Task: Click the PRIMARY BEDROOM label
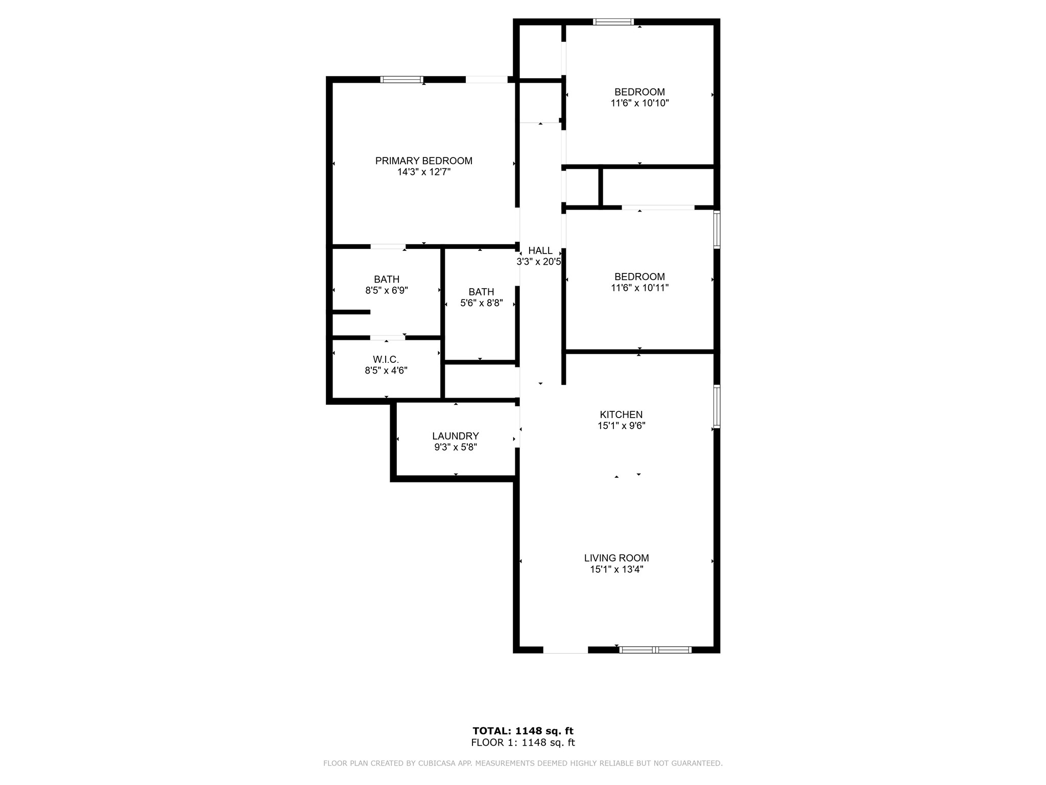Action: click(x=424, y=161)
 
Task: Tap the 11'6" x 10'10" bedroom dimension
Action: click(x=639, y=103)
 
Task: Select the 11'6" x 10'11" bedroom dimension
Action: click(x=639, y=288)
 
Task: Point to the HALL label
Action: click(x=540, y=250)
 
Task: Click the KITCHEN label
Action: click(x=621, y=414)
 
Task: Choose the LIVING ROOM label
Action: click(x=616, y=558)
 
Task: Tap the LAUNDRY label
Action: click(x=456, y=436)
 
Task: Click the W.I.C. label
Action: click(x=386, y=360)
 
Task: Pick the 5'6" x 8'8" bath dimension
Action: click(x=482, y=303)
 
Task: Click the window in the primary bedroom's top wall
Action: click(x=402, y=79)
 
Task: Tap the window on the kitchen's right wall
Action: click(x=717, y=406)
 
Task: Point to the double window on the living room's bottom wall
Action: click(x=655, y=650)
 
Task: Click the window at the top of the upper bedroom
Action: click(x=613, y=22)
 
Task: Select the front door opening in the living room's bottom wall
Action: click(x=565, y=650)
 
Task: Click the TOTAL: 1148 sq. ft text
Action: click(x=523, y=731)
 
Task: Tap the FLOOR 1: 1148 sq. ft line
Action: click(x=523, y=743)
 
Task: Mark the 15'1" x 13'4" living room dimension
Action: click(x=616, y=569)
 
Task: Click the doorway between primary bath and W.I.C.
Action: click(x=388, y=337)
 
